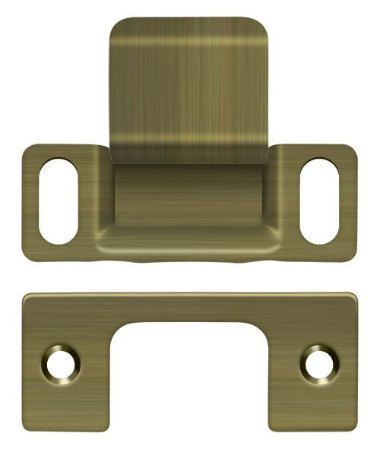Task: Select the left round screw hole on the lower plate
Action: point(59,362)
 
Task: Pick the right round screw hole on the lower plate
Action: point(318,362)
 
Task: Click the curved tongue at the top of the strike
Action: point(189,84)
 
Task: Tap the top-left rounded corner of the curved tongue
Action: point(116,26)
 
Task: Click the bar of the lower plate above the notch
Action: point(189,308)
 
